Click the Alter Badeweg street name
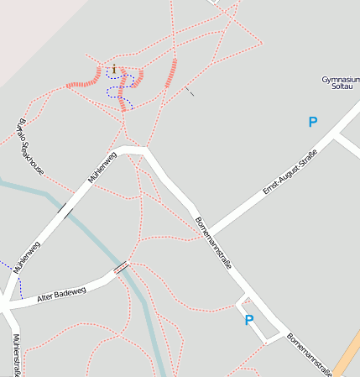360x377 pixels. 61,296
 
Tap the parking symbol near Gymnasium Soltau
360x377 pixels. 313,122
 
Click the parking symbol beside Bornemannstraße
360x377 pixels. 248,320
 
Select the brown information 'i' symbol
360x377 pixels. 114,70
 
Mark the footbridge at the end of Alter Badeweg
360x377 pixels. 121,268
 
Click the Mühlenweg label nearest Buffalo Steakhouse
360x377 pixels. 102,166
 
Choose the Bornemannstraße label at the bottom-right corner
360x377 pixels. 310,353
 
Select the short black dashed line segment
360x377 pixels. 190,91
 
